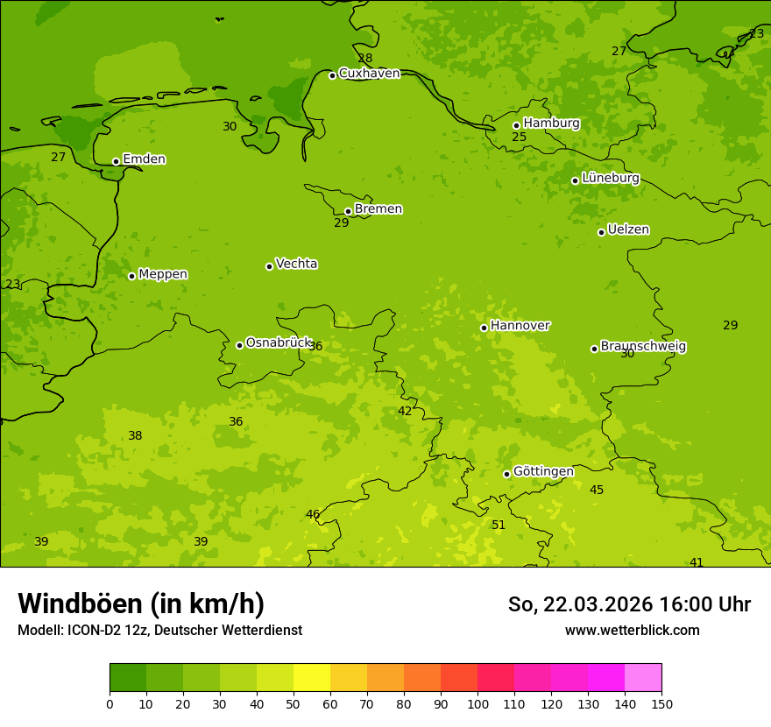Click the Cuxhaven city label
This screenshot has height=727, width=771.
point(369,74)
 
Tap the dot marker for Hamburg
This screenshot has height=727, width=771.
point(516,125)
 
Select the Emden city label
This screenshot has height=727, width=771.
point(144,159)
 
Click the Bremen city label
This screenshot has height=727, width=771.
point(378,209)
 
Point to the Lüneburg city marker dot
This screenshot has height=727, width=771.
point(575,180)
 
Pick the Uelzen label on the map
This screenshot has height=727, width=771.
point(628,230)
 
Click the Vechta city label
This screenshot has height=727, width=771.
point(296,264)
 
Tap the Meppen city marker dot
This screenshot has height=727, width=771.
point(131,276)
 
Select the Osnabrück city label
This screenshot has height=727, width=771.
point(278,343)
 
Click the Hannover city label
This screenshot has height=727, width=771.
point(520,326)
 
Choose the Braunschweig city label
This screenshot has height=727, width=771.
point(643,347)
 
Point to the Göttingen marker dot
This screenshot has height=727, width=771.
point(506,474)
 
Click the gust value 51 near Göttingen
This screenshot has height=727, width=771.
point(499,526)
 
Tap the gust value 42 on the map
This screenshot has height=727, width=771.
point(405,412)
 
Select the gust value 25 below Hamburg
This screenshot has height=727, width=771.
point(520,138)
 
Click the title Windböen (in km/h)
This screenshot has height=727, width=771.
point(141,603)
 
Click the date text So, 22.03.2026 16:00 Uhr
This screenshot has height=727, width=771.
point(629,604)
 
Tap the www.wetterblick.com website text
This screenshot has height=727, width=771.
point(632,630)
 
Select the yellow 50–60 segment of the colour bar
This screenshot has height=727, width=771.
point(312,678)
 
